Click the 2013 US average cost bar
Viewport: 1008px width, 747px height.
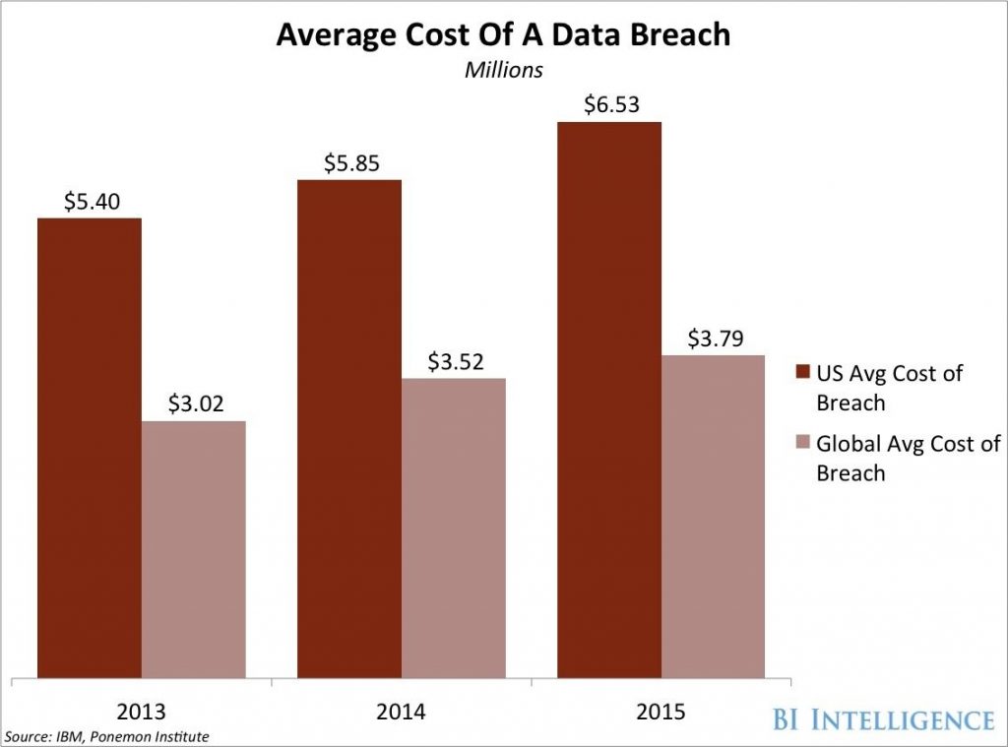90,448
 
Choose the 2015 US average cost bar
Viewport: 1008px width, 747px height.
608,400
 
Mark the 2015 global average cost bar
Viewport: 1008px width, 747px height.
713,517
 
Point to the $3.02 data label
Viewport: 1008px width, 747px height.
194,404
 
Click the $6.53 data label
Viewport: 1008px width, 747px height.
608,104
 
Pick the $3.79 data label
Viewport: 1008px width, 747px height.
713,338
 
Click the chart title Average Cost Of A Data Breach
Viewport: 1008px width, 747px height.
503,35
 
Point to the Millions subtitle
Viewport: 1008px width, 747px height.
503,70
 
